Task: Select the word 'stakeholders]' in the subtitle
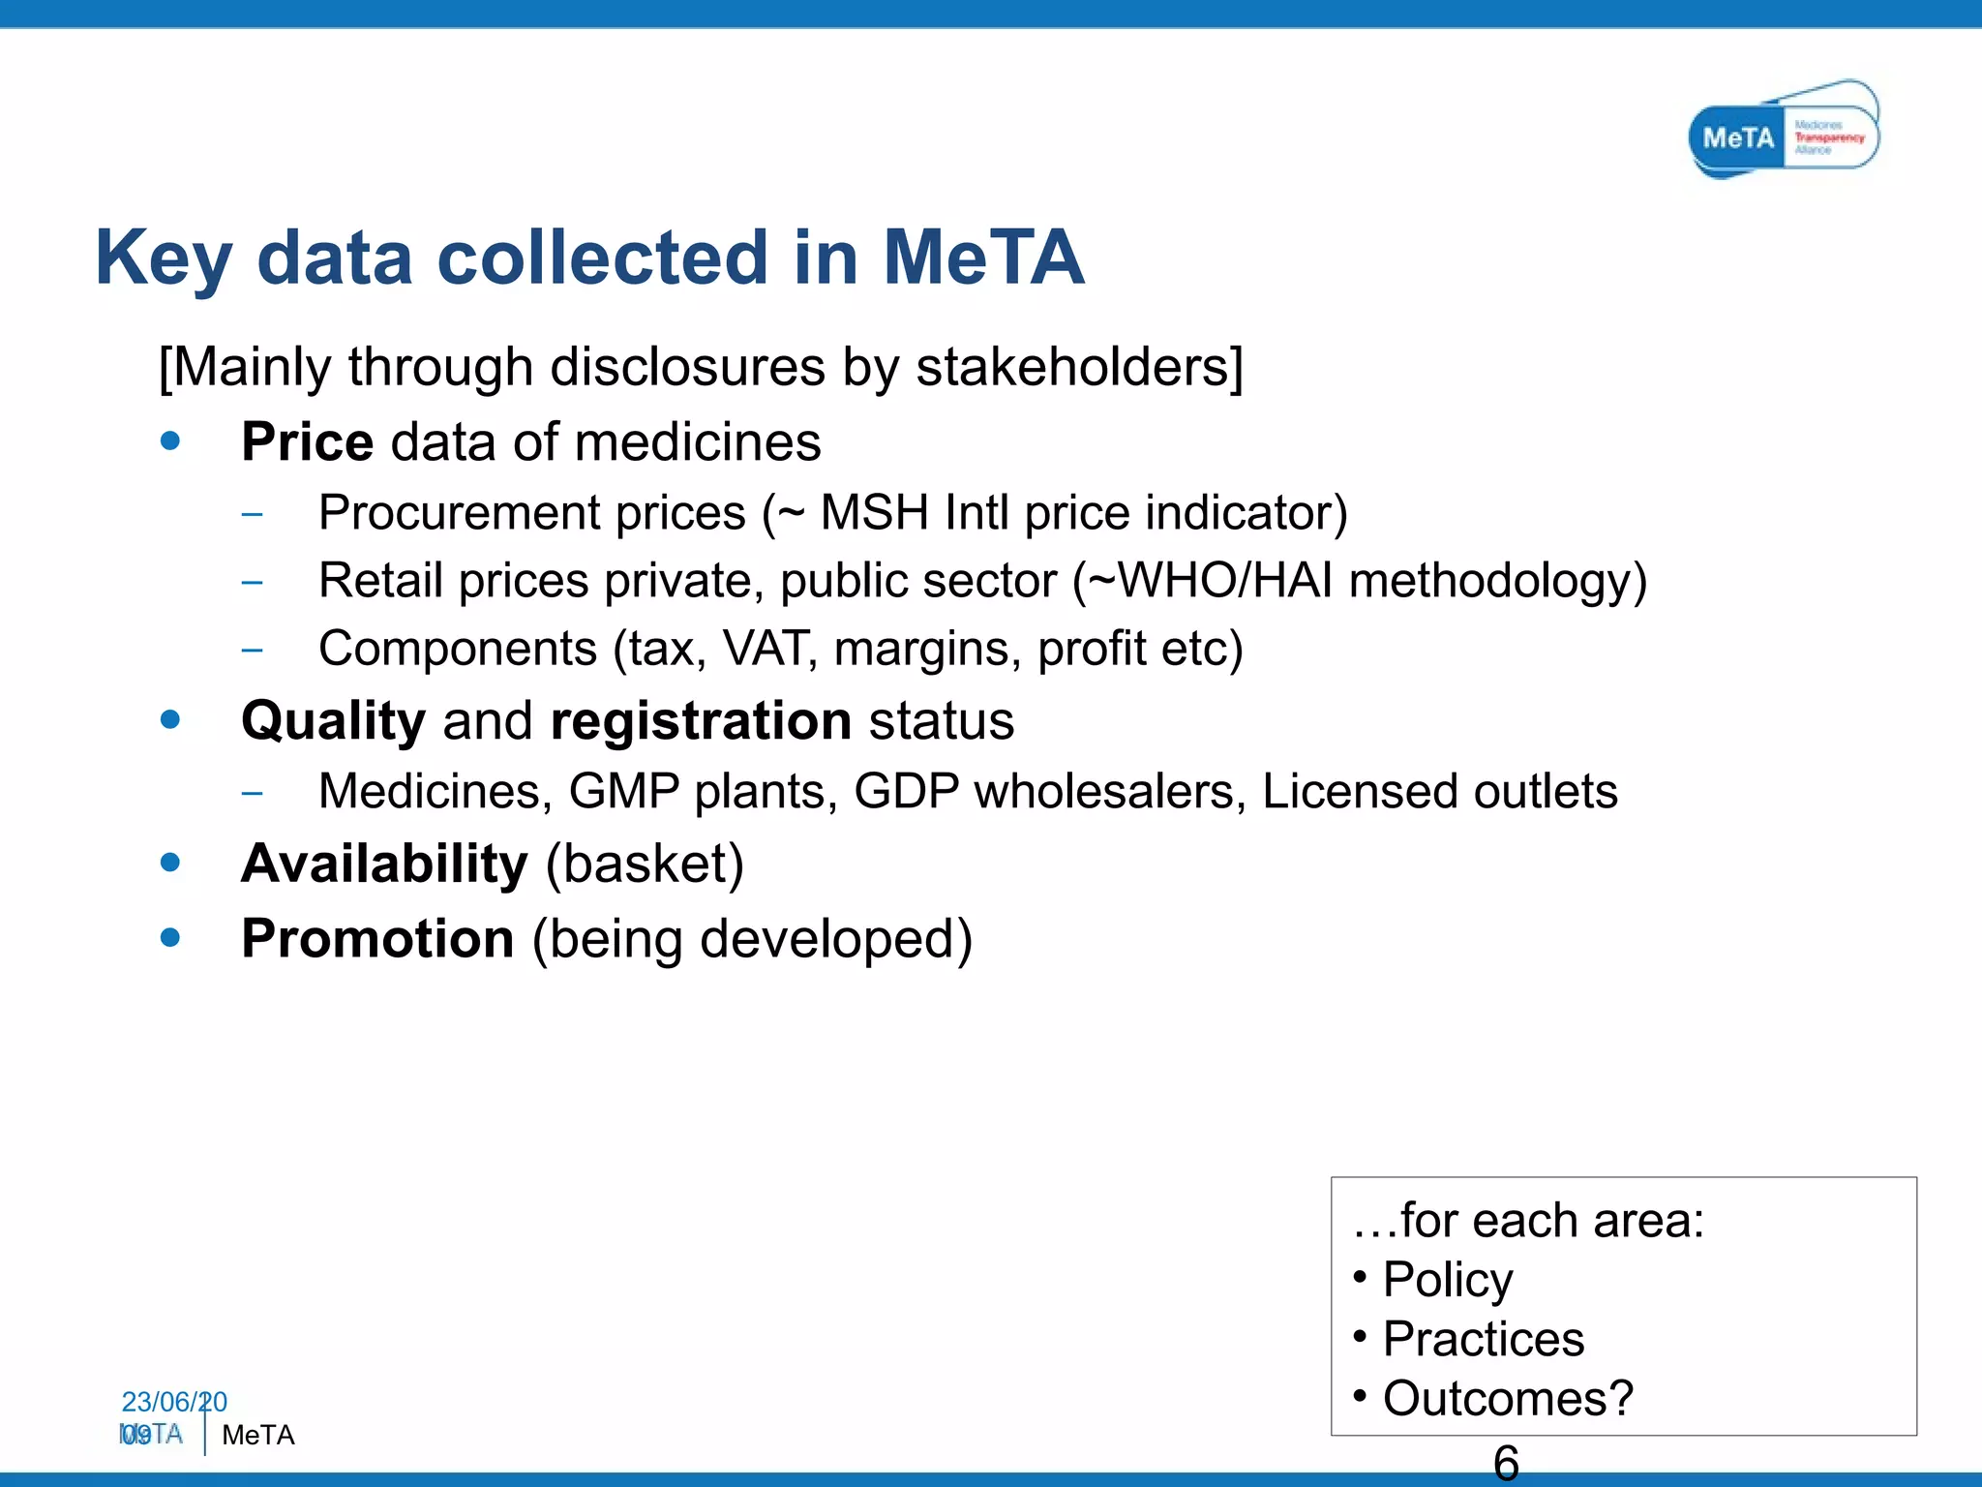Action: tap(1079, 368)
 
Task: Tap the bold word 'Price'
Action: tap(307, 443)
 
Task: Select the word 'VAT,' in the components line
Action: tap(770, 649)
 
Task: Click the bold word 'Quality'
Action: tap(333, 722)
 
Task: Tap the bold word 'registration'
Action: tap(701, 722)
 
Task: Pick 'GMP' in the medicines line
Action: tap(623, 792)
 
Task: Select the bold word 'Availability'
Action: tap(384, 864)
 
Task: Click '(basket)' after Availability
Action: tap(645, 864)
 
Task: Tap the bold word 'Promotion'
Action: tap(377, 939)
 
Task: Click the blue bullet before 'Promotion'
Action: tap(170, 937)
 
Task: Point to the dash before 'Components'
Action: tap(252, 650)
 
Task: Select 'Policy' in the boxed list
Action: tap(1447, 1280)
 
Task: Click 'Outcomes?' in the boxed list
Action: tap(1507, 1399)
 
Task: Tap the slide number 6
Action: tap(1506, 1462)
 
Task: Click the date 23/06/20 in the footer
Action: tap(173, 1402)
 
